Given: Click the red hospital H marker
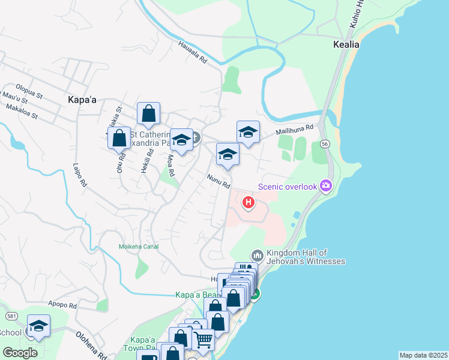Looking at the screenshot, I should [249, 203].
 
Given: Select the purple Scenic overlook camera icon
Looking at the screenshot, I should [326, 186].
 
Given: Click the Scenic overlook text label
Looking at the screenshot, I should [287, 187].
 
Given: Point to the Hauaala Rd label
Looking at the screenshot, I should [192, 52].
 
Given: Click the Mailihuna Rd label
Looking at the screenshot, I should [295, 128].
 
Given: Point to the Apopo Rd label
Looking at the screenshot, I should [63, 305].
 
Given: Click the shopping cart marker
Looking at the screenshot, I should [203, 339].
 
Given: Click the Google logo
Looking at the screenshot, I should [20, 353].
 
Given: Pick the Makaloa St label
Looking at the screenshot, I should [21, 111].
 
